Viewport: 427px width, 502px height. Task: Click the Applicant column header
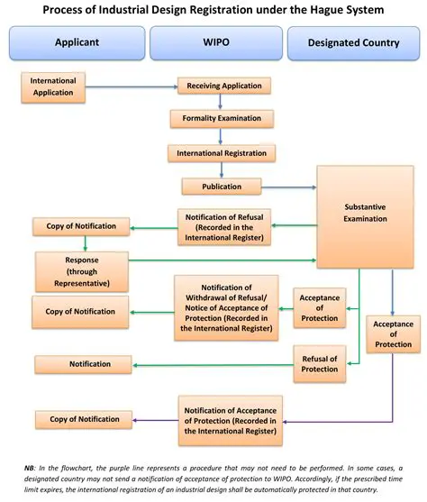click(77, 42)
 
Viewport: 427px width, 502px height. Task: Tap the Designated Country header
click(353, 42)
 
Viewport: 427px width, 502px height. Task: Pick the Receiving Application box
click(224, 87)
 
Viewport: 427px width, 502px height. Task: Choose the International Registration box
click(221, 153)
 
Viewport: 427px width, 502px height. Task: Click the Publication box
click(222, 187)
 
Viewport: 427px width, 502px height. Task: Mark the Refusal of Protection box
click(319, 362)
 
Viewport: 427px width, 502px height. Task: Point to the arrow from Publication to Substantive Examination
click(288, 187)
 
